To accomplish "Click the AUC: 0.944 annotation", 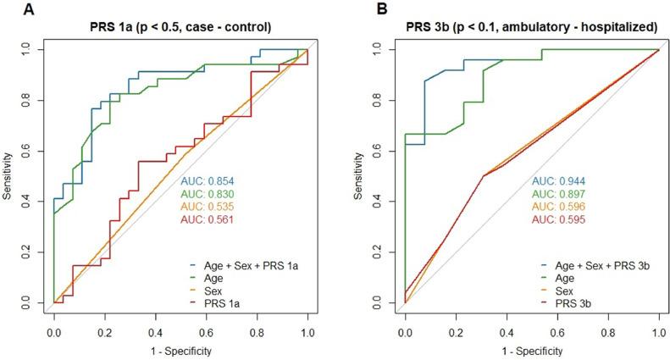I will [559, 181].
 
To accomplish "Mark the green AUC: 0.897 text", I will [559, 194].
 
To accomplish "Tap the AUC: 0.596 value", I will [559, 207].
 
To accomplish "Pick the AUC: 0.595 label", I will [559, 219].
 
